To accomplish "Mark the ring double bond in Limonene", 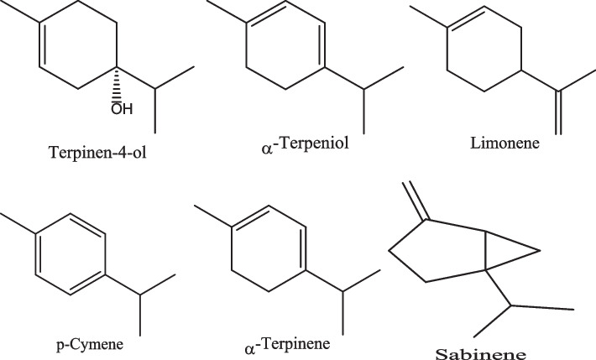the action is tap(465, 18).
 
